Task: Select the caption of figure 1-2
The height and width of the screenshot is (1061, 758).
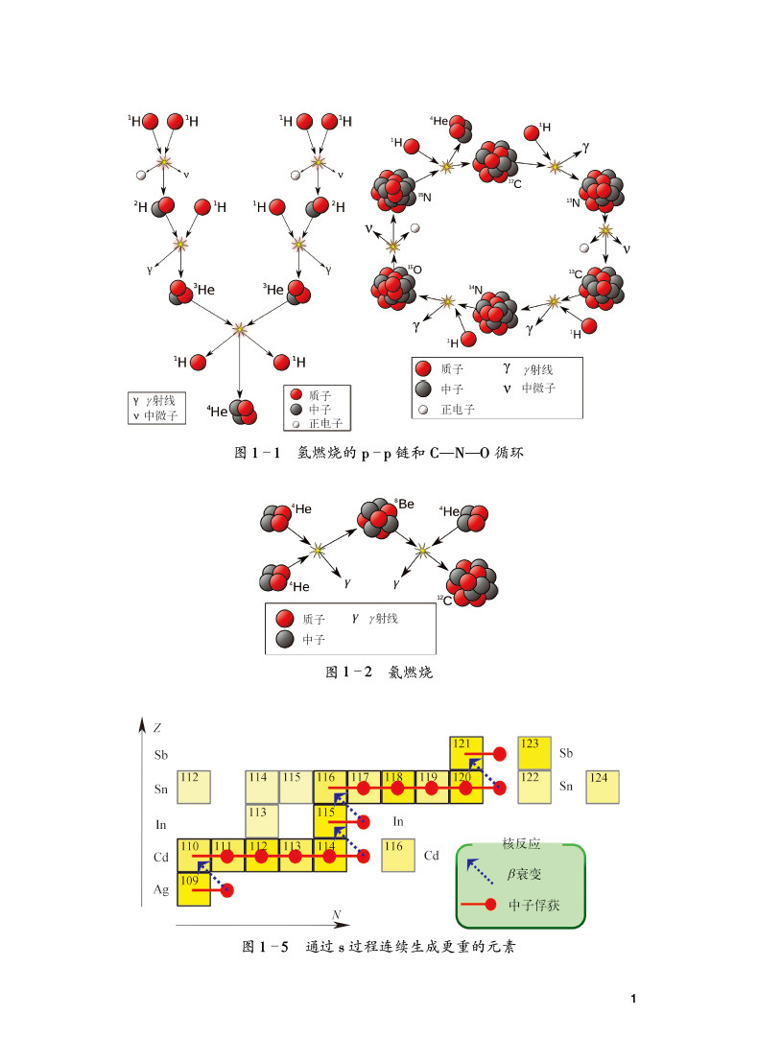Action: click(380, 672)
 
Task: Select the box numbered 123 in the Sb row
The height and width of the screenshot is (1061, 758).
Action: click(534, 753)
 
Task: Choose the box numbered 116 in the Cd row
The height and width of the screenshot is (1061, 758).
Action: click(397, 855)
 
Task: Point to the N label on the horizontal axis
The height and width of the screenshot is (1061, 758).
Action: click(337, 917)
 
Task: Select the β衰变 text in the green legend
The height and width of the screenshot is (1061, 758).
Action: click(526, 876)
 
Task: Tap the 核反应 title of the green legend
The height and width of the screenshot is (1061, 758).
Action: click(520, 844)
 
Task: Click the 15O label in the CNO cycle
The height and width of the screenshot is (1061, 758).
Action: click(416, 271)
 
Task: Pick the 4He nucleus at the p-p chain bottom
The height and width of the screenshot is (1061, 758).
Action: click(241, 411)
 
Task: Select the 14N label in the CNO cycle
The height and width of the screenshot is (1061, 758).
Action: click(475, 290)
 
